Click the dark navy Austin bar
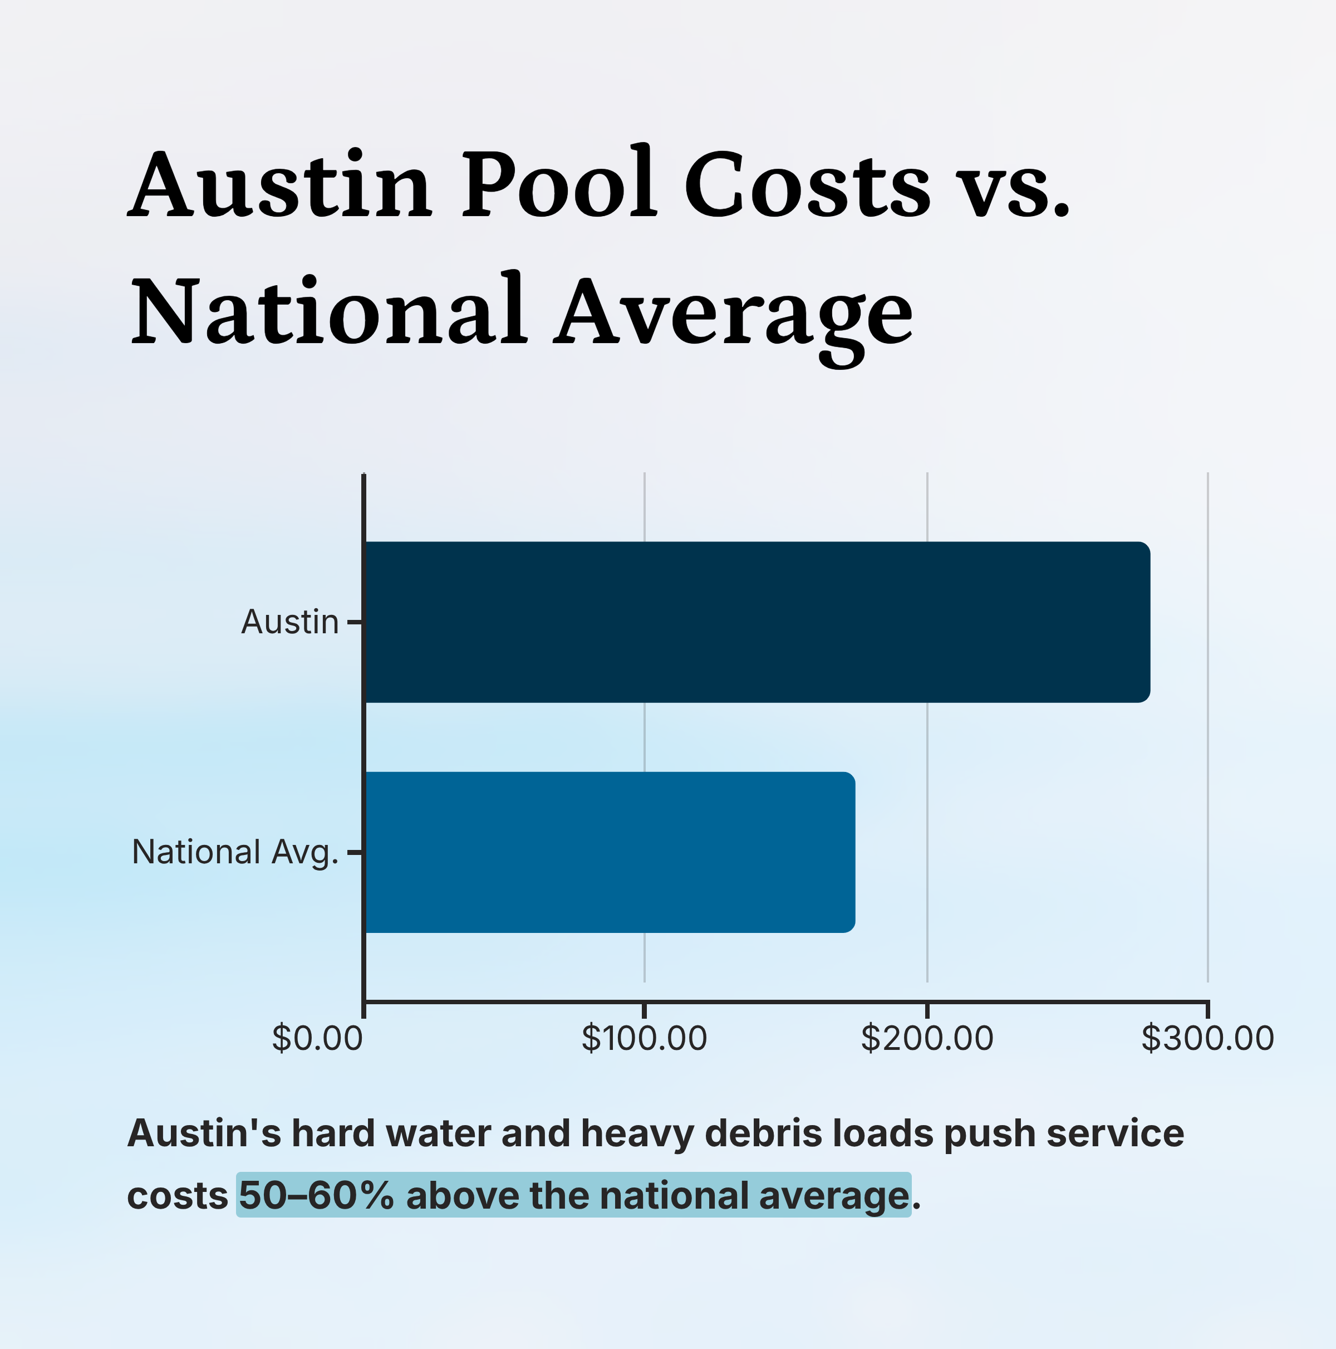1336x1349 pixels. coord(758,622)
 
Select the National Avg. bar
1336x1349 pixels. coord(610,852)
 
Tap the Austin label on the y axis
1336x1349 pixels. coord(289,622)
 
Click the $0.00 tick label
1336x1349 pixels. coord(317,1038)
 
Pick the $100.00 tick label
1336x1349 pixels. coord(644,1038)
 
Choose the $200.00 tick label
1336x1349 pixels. coord(926,1038)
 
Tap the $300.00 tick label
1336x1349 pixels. coord(1207,1038)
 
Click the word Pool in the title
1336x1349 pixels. coord(558,185)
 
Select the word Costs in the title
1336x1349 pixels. coord(807,185)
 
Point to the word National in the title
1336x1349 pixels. coord(328,311)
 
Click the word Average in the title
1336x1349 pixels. coord(733,314)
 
